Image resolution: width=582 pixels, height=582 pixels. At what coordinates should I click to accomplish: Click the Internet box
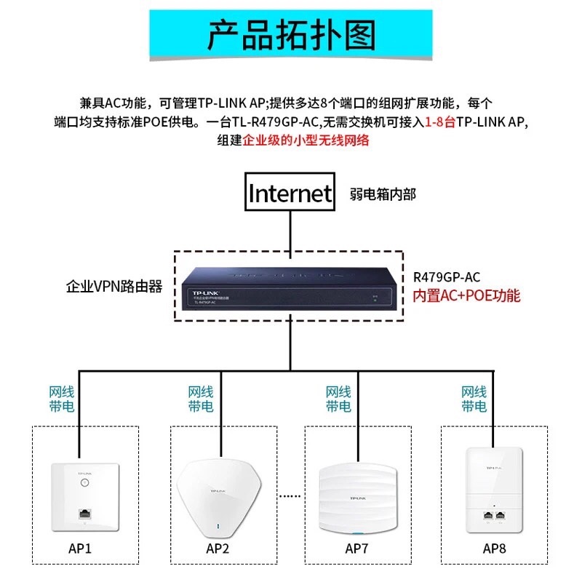[290, 193]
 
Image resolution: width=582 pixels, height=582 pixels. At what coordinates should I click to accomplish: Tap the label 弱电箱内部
[383, 194]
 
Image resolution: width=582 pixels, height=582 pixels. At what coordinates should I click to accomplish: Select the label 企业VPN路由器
[114, 287]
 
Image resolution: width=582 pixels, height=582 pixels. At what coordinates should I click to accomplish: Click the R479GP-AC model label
[446, 277]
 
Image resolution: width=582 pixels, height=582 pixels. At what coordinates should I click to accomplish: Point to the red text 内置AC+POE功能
[466, 296]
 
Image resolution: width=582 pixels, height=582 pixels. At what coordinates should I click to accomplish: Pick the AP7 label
[357, 547]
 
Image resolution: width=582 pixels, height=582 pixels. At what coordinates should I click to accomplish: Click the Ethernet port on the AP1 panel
[84, 514]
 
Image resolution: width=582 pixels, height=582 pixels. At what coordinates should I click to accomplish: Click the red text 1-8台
[440, 122]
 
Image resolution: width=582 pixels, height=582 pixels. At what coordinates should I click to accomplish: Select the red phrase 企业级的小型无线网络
[306, 140]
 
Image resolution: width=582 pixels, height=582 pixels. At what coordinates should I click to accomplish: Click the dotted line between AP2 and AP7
[290, 496]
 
